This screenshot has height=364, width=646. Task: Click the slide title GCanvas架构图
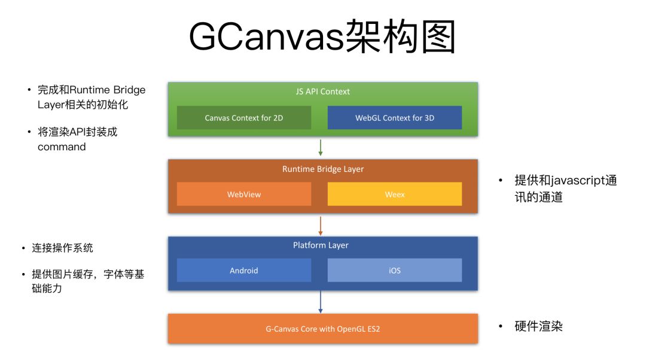[322, 37]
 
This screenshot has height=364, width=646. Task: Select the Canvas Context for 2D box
[244, 118]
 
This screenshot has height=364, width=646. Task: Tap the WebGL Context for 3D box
[395, 118]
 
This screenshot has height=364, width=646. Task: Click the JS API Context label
[323, 92]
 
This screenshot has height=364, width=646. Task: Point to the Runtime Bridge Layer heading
[323, 169]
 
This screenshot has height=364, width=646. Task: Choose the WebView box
[244, 194]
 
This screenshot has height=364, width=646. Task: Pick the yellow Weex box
[395, 194]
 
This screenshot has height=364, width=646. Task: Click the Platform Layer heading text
[321, 245]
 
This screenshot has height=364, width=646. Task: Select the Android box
[244, 270]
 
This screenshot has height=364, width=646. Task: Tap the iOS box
[395, 270]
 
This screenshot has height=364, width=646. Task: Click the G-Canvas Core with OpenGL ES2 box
[323, 329]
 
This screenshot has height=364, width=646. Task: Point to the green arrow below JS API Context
[321, 147]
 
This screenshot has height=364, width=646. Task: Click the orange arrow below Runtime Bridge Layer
[321, 225]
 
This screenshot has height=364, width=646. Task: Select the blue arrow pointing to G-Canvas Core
[321, 302]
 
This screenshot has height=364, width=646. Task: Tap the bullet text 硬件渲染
[538, 326]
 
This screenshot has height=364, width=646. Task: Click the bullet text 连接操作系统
[62, 248]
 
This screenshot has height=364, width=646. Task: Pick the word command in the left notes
[62, 147]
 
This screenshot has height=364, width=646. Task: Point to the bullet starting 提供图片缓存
[87, 281]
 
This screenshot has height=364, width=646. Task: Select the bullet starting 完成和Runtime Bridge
[91, 97]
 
